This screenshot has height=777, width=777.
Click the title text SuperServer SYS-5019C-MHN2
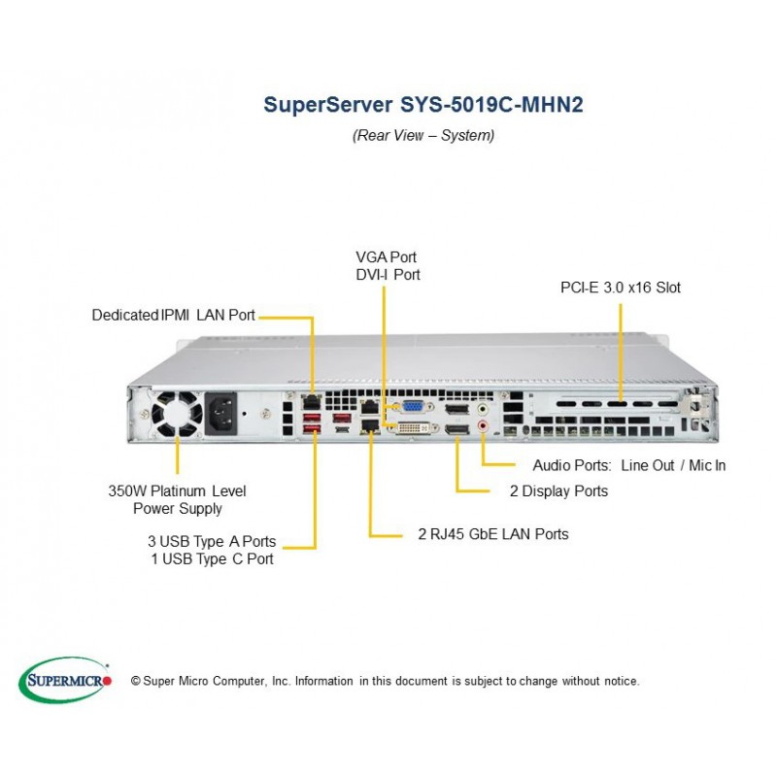tap(423, 104)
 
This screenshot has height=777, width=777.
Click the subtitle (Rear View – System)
tap(423, 136)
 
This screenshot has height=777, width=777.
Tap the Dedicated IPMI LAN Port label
tap(174, 315)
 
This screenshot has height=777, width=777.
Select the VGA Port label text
tap(386, 257)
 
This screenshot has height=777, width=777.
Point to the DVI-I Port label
tap(388, 275)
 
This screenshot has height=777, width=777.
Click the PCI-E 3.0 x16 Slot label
tap(621, 287)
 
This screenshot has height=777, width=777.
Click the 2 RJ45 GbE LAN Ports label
tap(492, 533)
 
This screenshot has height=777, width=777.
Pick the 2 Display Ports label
tap(559, 490)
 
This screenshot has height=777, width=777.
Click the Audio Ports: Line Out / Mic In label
tap(628, 465)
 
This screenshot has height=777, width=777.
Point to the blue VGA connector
tap(412, 409)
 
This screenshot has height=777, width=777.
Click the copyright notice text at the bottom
tap(385, 682)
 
